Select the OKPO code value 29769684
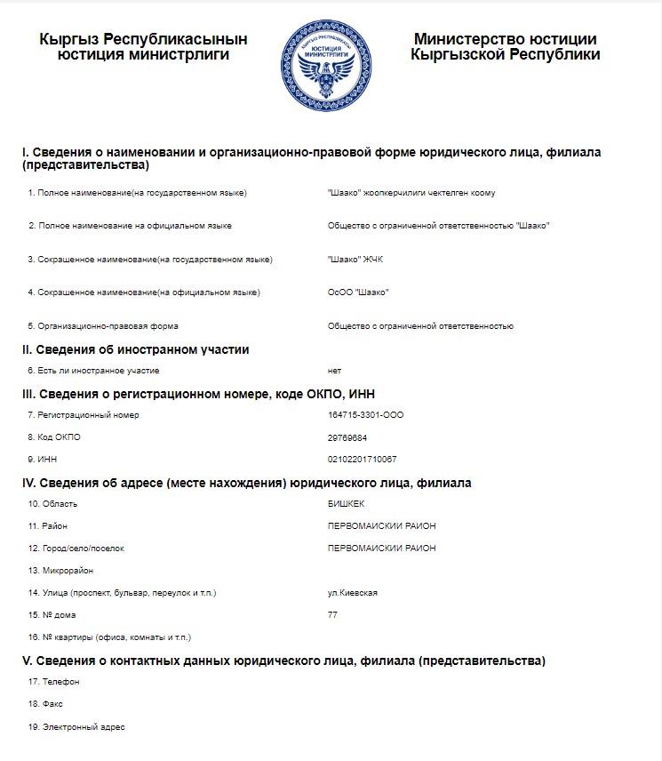click(x=347, y=437)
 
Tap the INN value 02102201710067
click(x=362, y=460)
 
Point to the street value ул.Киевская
click(x=353, y=593)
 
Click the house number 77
click(x=333, y=615)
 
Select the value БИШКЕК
click(x=346, y=504)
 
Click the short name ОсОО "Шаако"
click(x=358, y=292)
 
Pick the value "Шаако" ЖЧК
click(x=355, y=260)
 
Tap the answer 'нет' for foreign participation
click(x=334, y=371)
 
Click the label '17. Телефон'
click(x=54, y=682)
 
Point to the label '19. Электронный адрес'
click(x=76, y=727)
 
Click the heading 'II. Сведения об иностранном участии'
click(x=135, y=349)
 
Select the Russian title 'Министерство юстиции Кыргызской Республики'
click(x=505, y=47)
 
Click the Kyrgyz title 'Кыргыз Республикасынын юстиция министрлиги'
click(x=143, y=47)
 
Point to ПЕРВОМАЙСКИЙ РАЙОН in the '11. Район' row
click(x=382, y=526)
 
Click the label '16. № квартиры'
click(x=109, y=637)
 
